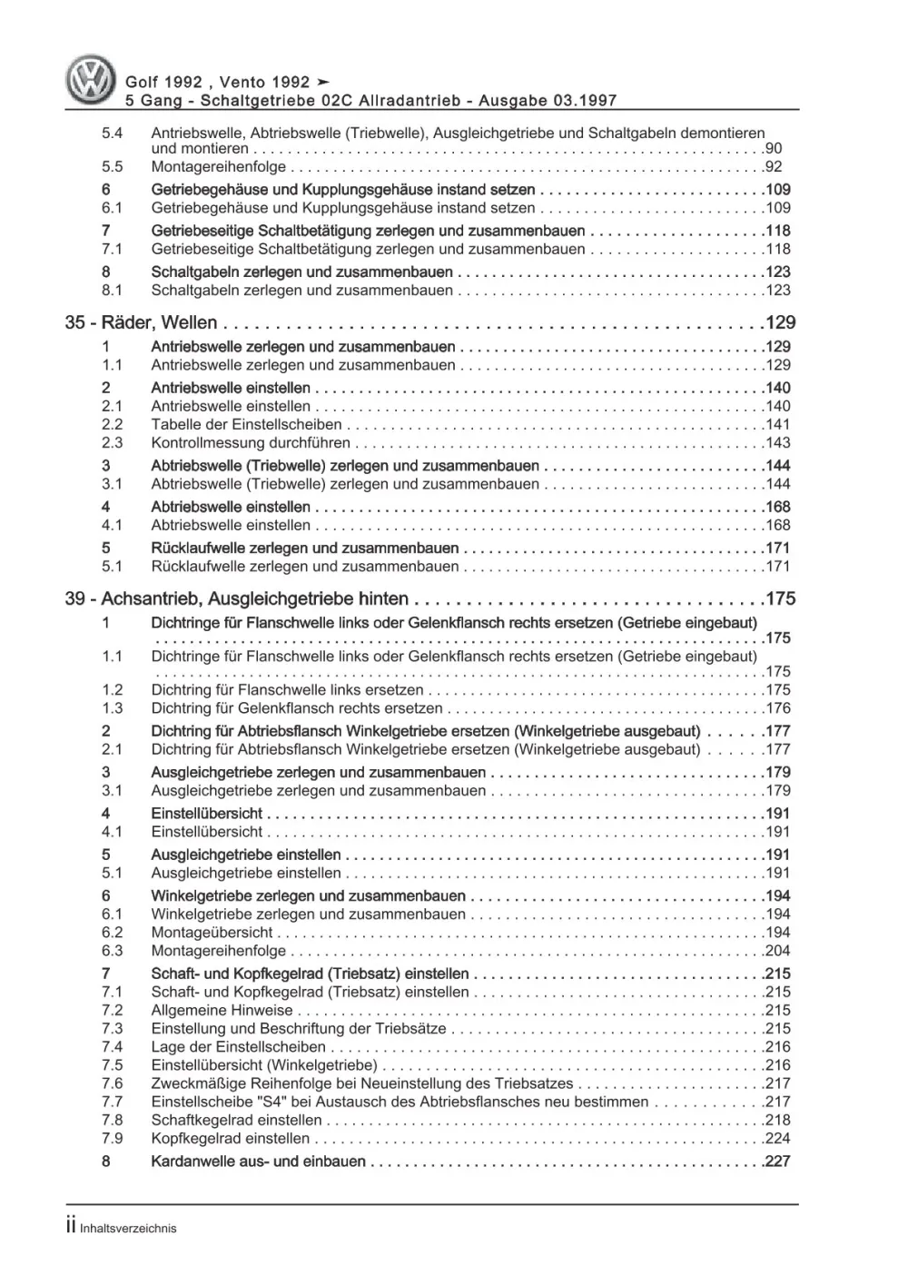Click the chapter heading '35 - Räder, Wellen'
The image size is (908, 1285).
point(141,322)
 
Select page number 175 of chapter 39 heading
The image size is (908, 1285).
point(780,598)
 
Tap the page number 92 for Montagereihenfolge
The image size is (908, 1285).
point(773,167)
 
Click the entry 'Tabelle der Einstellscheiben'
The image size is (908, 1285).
point(246,425)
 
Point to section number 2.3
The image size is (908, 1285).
point(112,443)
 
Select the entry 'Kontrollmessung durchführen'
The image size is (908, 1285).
point(251,443)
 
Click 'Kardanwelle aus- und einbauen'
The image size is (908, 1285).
point(259,1161)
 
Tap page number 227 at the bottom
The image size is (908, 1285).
point(777,1161)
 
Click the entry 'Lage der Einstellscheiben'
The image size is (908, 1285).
point(238,1047)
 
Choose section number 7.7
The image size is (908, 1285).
point(112,1102)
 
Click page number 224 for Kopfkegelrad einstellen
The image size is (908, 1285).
point(777,1139)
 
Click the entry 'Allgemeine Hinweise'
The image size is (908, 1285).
point(222,1011)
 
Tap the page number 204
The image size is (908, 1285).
point(777,951)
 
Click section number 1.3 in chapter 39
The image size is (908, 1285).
point(112,708)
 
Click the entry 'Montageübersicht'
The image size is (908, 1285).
point(212,933)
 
